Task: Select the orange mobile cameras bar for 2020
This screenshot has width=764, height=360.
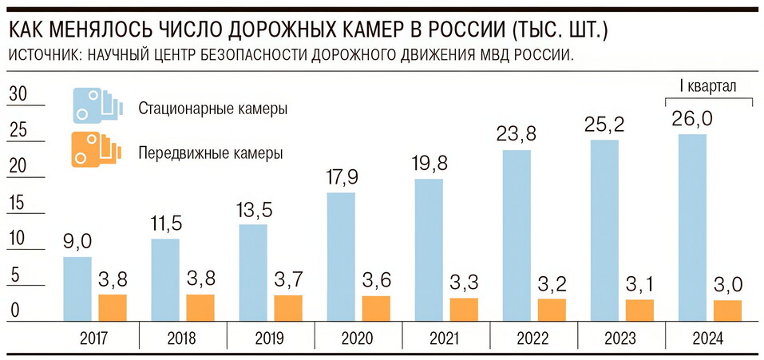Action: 376,308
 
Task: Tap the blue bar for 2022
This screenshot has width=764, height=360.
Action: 517,235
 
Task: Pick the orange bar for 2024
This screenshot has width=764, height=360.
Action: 727,310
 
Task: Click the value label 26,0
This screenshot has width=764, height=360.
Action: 693,121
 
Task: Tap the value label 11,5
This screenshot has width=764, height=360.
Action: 165,224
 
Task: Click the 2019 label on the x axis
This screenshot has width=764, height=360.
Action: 271,338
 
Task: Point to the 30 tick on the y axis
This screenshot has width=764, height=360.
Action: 17,94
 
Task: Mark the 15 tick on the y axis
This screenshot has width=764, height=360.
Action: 17,203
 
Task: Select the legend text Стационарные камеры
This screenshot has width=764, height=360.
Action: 212,109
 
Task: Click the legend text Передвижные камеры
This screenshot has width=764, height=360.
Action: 210,152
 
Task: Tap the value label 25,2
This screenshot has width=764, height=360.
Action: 605,126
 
